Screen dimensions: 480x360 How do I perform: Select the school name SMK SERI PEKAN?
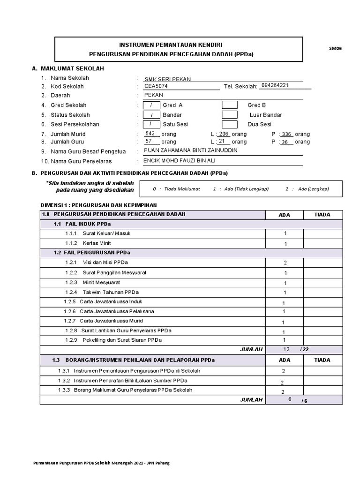167,79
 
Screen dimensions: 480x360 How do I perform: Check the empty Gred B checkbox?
229,105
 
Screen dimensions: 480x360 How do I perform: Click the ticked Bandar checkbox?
151,115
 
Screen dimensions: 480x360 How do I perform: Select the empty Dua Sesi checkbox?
229,125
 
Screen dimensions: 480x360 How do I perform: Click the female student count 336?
286,135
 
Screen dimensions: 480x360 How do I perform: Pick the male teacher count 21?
222,141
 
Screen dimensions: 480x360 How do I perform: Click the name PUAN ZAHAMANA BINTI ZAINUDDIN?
190,150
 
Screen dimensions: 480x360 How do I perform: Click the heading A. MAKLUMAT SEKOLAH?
67,68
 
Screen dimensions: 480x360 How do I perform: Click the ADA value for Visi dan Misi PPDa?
285,263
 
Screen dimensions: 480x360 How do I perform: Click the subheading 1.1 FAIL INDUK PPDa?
82,224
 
